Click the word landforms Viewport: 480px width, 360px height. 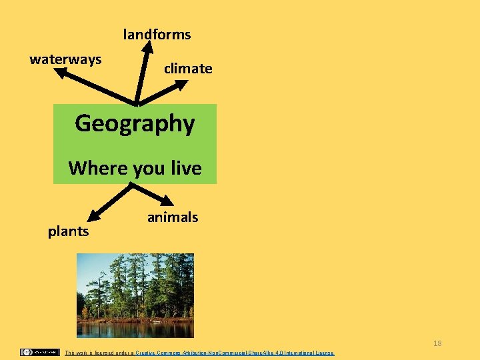coord(157,34)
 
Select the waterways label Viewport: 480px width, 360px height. coord(65,59)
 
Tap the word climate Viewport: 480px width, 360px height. coord(188,68)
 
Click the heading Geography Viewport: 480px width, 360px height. coord(135,124)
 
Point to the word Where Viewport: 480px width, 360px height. coord(99,168)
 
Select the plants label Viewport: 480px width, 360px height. coord(68,231)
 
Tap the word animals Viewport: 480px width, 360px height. coord(173,217)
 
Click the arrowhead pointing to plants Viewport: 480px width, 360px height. coord(94,214)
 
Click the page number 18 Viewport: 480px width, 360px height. coord(437,343)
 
